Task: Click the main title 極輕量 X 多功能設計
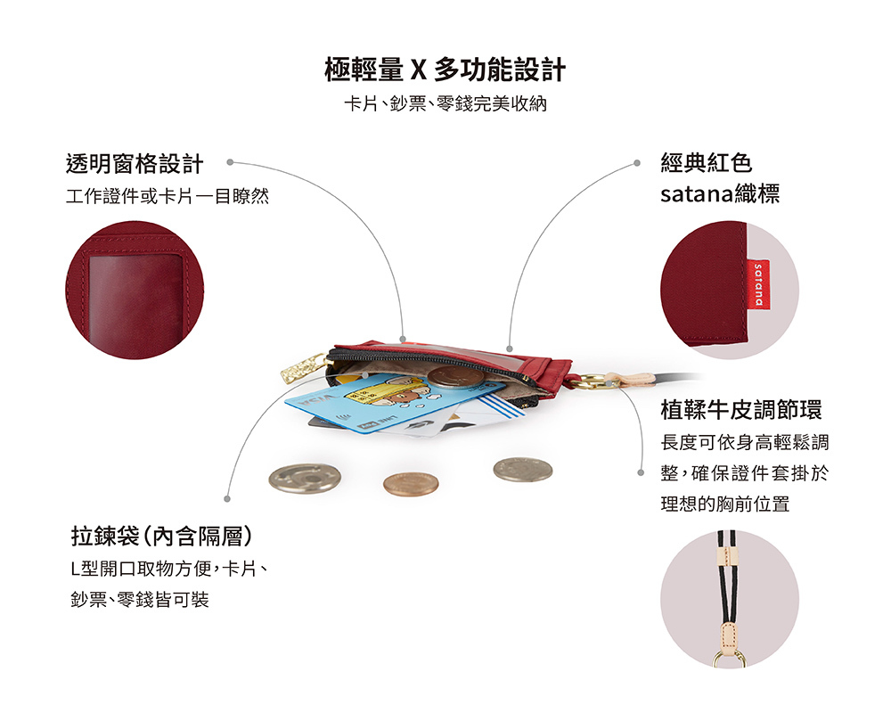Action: (x=445, y=70)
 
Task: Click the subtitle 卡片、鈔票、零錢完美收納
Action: (x=445, y=103)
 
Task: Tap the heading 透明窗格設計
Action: (x=135, y=164)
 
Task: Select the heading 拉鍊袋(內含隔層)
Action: (x=161, y=536)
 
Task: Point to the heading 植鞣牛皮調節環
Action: (x=741, y=409)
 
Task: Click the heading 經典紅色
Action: (x=707, y=163)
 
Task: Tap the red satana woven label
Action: (x=758, y=285)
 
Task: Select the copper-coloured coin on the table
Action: (x=410, y=484)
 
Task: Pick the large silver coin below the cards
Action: (x=305, y=478)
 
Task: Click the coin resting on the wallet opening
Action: (x=455, y=377)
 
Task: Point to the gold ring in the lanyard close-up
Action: (x=730, y=659)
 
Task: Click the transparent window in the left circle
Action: (x=135, y=300)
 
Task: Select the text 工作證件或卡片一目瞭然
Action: (x=168, y=196)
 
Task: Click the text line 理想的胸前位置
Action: (x=725, y=504)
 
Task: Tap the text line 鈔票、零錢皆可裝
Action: (x=140, y=599)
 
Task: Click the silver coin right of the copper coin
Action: (x=523, y=470)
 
